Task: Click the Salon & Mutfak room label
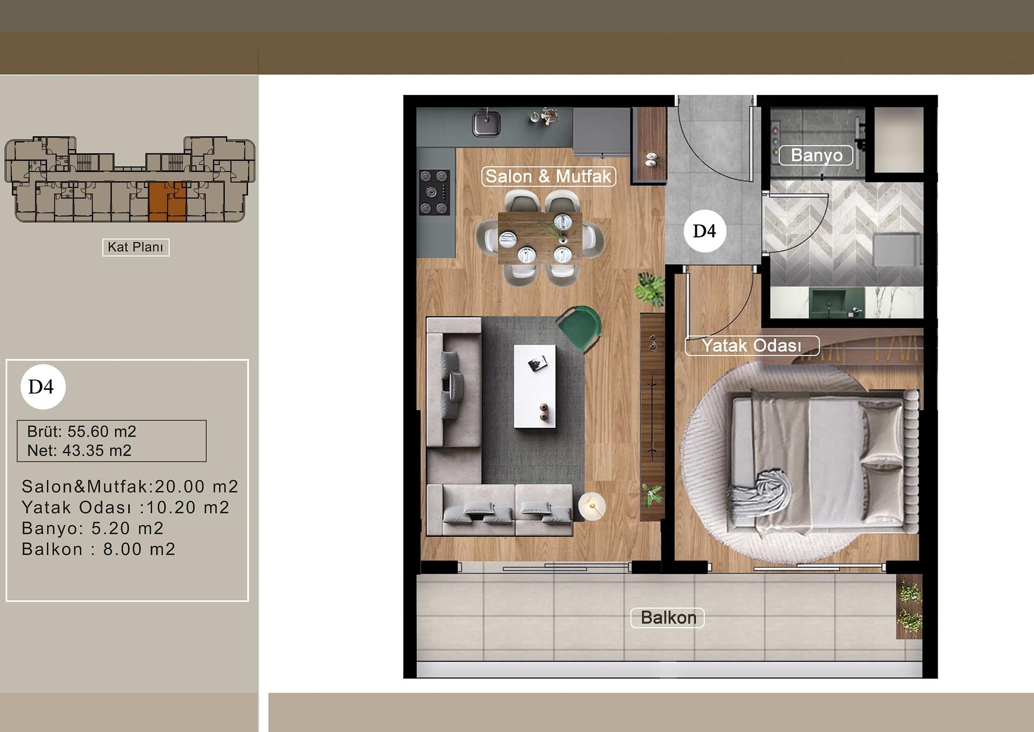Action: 548,176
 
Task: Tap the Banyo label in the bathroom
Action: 816,155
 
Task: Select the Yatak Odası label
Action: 752,346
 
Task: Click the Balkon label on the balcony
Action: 668,618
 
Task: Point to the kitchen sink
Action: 486,123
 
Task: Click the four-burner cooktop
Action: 434,192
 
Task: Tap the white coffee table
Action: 534,386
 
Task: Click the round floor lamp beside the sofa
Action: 592,506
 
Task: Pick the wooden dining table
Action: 540,237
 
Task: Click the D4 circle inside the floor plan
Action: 704,231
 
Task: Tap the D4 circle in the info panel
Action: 43,386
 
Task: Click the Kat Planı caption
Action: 136,247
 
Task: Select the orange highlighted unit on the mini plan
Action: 167,202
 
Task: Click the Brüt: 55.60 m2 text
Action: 82,431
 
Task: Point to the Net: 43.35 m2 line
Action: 80,451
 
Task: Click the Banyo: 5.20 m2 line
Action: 93,528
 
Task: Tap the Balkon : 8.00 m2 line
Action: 99,549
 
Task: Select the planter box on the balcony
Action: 909,607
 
